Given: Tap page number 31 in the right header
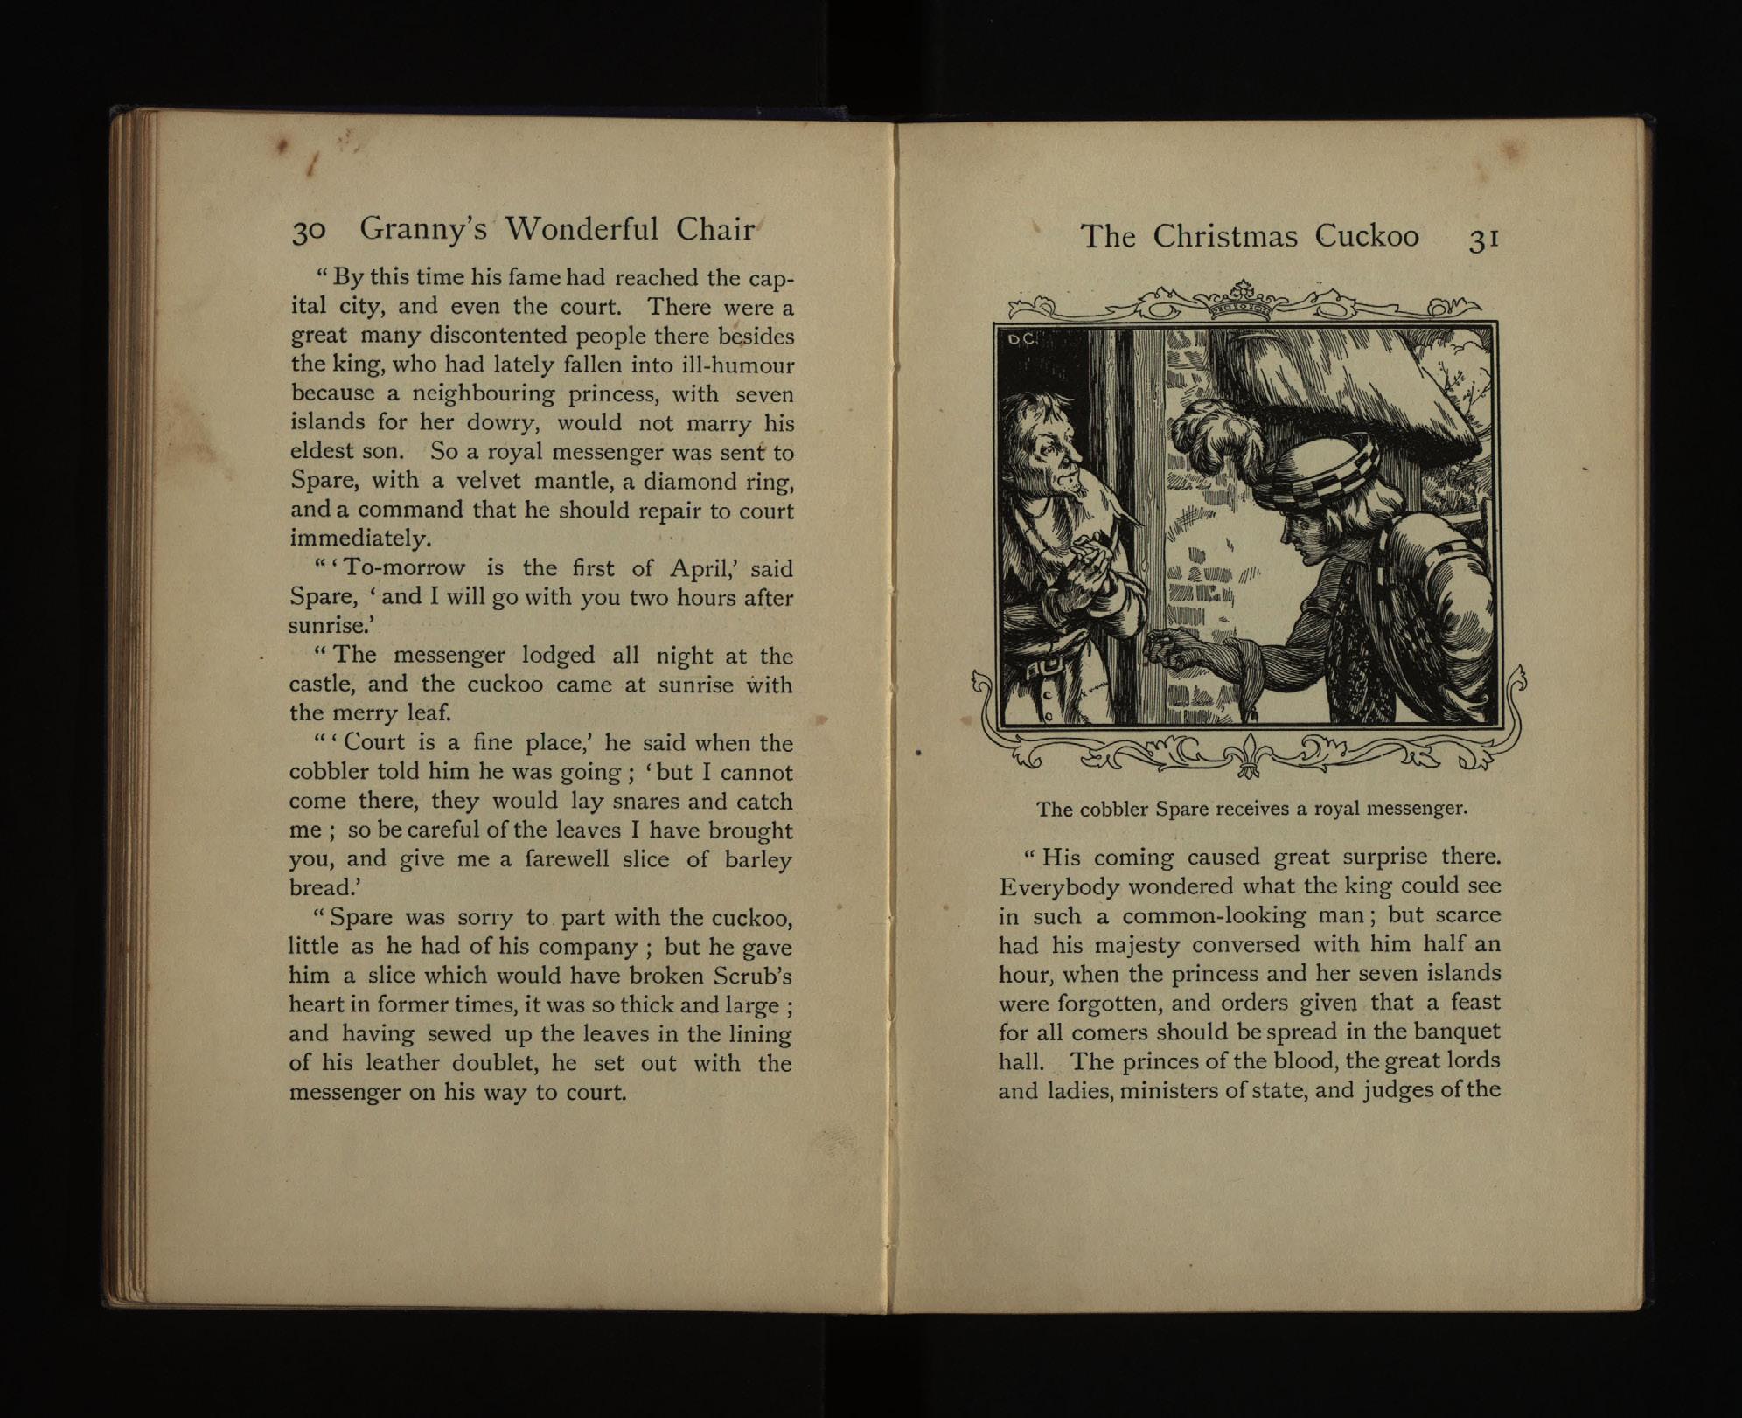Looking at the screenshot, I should [x=1484, y=239].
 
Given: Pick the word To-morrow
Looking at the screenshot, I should [x=405, y=568].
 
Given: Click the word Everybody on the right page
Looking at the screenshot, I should [x=1058, y=886].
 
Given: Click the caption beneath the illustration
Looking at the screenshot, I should [x=1251, y=809].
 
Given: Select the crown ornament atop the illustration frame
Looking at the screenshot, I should [x=1244, y=297].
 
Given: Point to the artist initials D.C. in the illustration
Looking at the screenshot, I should [x=1021, y=339].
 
